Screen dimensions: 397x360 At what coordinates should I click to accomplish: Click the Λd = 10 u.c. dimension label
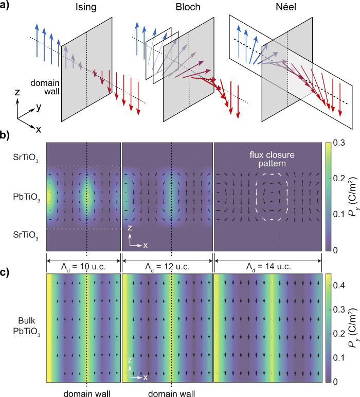click(x=83, y=267)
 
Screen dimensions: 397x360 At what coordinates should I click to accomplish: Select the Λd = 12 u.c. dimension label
click(x=167, y=267)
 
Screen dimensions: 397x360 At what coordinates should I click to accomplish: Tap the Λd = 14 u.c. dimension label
click(x=267, y=267)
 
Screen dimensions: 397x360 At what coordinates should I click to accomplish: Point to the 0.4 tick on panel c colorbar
click(x=340, y=285)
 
